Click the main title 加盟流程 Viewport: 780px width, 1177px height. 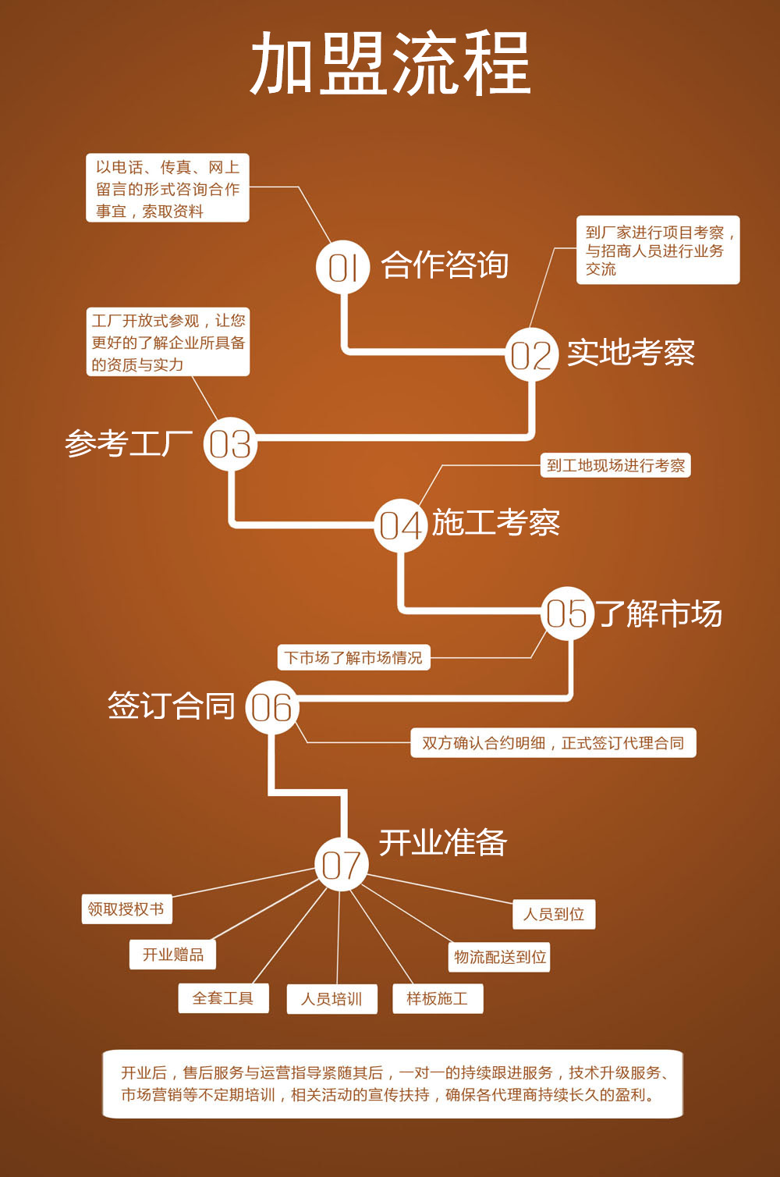click(390, 64)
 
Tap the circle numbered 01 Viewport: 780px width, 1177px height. click(343, 267)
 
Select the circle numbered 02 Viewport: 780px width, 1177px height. click(531, 354)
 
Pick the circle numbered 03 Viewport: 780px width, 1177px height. click(230, 444)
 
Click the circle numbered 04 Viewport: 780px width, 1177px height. click(400, 525)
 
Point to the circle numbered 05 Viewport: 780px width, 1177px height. click(567, 613)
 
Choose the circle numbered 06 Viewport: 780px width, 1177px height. click(272, 707)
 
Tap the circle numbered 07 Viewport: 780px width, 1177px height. click(342, 865)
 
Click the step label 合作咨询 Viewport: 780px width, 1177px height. click(445, 265)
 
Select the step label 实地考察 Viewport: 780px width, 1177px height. click(630, 353)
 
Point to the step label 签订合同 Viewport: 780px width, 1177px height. click(172, 706)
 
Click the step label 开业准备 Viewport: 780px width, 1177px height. click(443, 843)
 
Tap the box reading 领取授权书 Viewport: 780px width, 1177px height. click(126, 909)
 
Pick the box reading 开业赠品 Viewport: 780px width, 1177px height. click(172, 955)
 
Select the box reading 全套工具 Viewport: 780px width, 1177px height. click(223, 998)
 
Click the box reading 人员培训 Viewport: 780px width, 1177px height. click(331, 999)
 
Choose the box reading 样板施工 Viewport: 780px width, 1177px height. click(438, 999)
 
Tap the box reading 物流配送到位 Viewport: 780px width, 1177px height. click(499, 957)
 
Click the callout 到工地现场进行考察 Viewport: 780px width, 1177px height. click(615, 466)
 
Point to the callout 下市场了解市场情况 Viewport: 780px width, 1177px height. click(353, 658)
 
